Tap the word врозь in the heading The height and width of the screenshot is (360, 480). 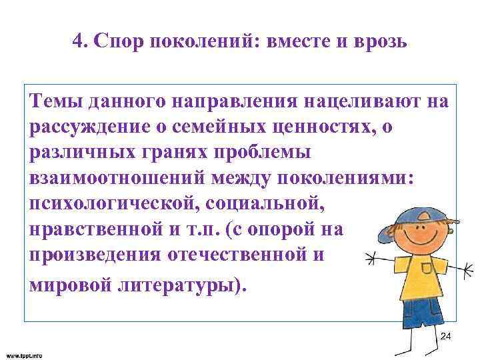(379, 43)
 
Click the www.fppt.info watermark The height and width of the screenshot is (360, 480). (24, 355)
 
